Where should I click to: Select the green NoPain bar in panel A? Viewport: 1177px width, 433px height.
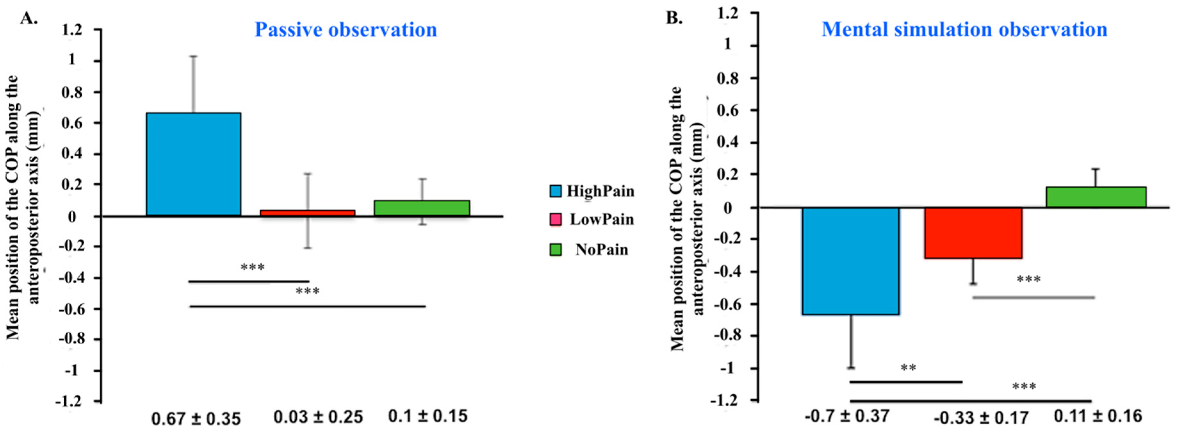click(x=421, y=208)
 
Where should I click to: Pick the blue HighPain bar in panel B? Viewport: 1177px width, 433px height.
click(x=851, y=261)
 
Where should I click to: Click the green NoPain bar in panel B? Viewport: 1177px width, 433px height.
click(x=1095, y=197)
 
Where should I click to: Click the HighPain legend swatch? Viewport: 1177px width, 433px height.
click(x=555, y=191)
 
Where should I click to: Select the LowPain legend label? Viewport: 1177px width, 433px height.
click(x=601, y=220)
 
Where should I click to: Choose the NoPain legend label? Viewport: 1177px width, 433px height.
click(x=601, y=250)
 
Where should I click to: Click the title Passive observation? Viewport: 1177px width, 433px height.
click(x=345, y=30)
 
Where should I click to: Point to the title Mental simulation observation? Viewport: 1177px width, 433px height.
click(x=964, y=30)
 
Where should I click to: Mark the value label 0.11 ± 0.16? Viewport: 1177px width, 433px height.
click(x=1098, y=416)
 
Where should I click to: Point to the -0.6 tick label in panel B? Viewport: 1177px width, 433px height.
click(x=727, y=304)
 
